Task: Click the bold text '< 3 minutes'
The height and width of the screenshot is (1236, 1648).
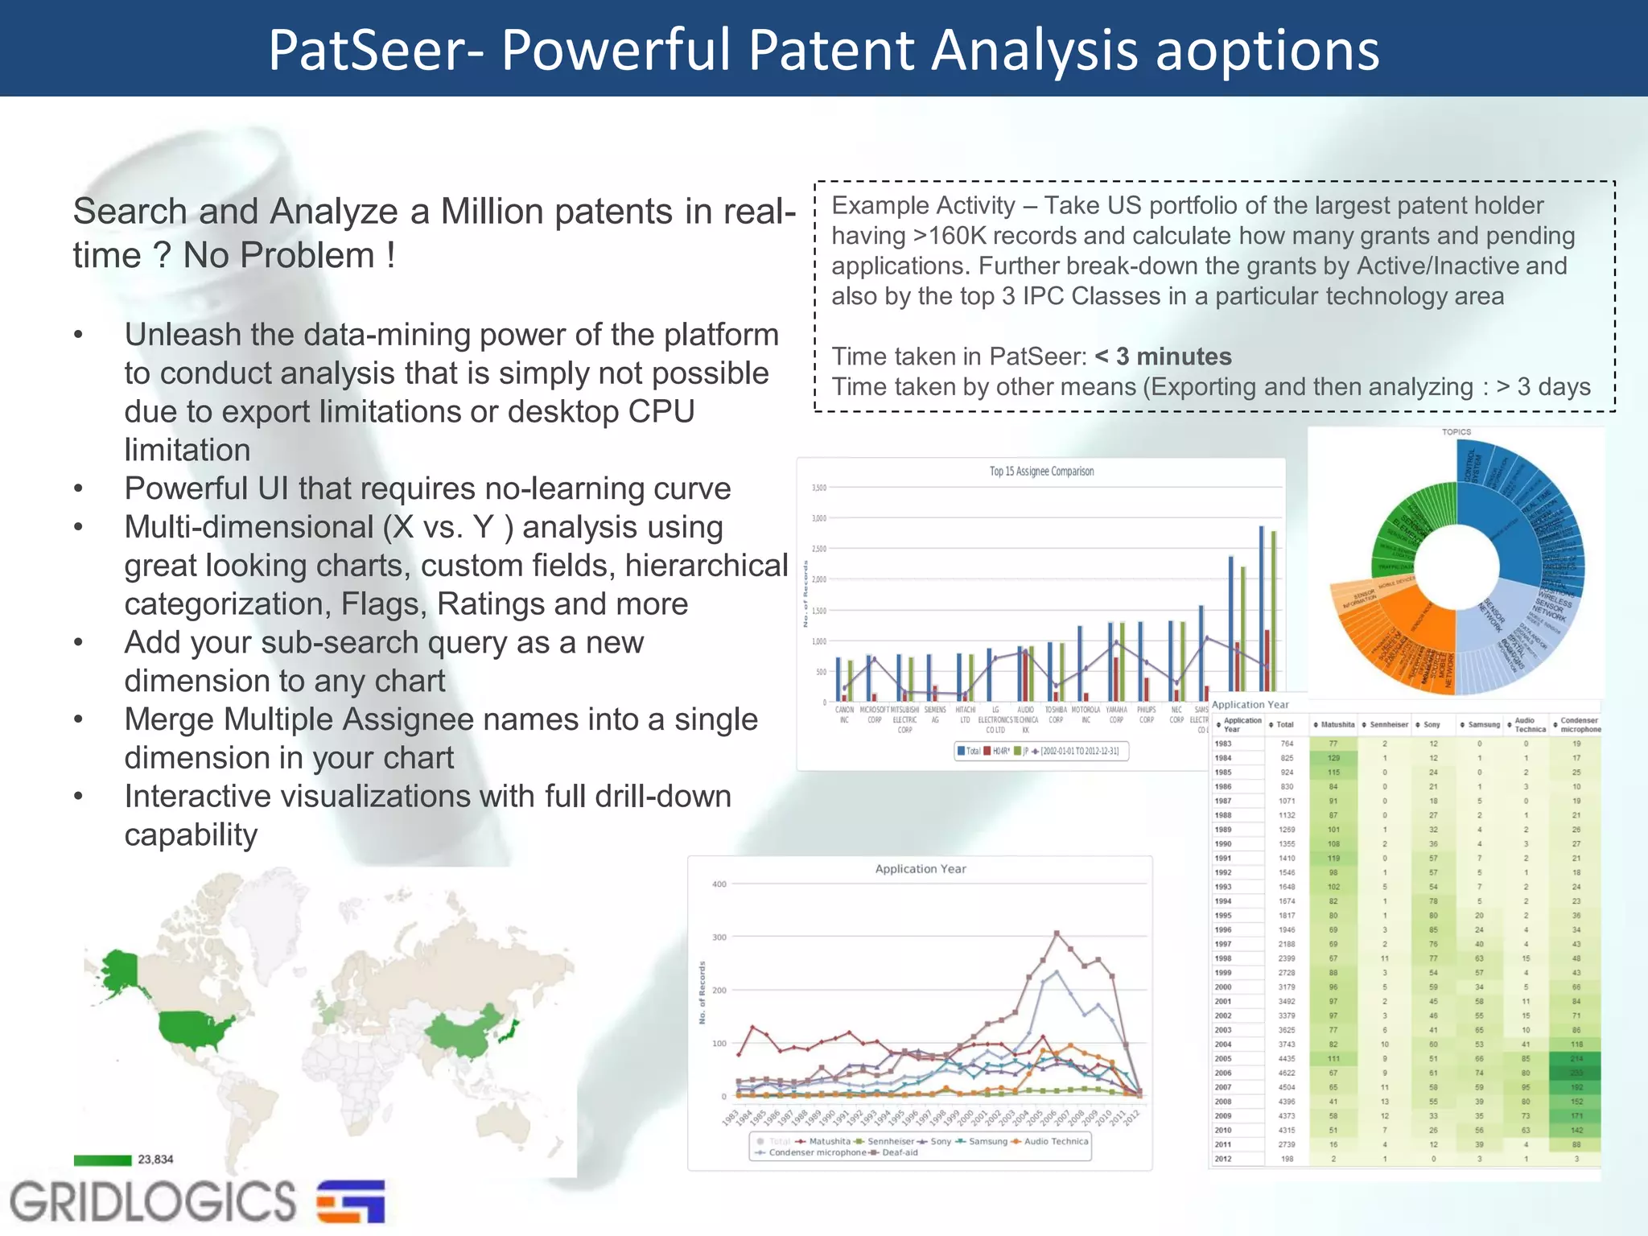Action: click(1163, 356)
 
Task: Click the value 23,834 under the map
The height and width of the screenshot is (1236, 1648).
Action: click(155, 1160)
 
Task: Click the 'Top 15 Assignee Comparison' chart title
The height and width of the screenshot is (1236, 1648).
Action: click(1041, 472)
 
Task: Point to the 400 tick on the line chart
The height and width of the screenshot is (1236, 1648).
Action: click(719, 884)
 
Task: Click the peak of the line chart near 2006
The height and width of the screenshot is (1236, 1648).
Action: click(1057, 933)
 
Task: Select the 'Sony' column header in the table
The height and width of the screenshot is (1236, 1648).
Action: click(1432, 725)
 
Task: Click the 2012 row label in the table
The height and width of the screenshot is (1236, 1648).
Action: click(1223, 1159)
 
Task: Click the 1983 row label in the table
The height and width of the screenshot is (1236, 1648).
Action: click(1223, 744)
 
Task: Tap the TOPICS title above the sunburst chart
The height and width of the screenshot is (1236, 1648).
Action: click(1456, 432)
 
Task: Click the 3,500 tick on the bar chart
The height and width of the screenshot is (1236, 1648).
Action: click(818, 488)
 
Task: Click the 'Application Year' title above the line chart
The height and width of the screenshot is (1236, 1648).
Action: click(921, 869)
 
